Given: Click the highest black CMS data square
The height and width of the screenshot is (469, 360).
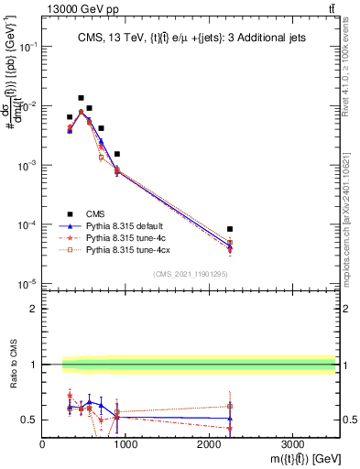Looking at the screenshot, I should [81, 98].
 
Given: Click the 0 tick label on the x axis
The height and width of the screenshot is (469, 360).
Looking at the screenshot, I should [42, 444].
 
